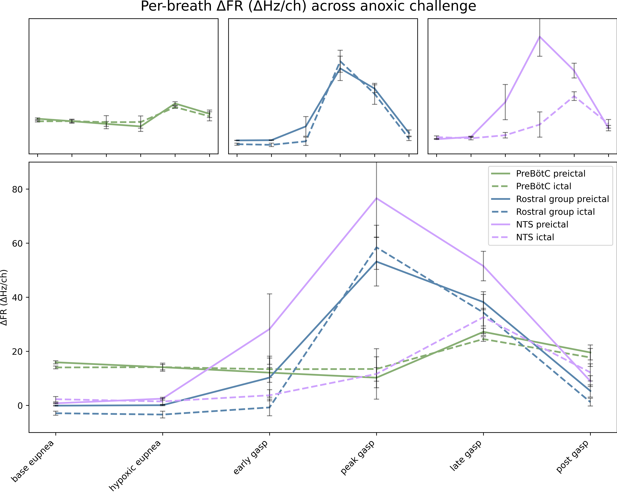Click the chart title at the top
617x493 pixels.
pos(308,6)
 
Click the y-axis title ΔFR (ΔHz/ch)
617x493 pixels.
pos(4,297)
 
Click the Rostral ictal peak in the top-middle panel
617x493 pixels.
pos(340,61)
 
